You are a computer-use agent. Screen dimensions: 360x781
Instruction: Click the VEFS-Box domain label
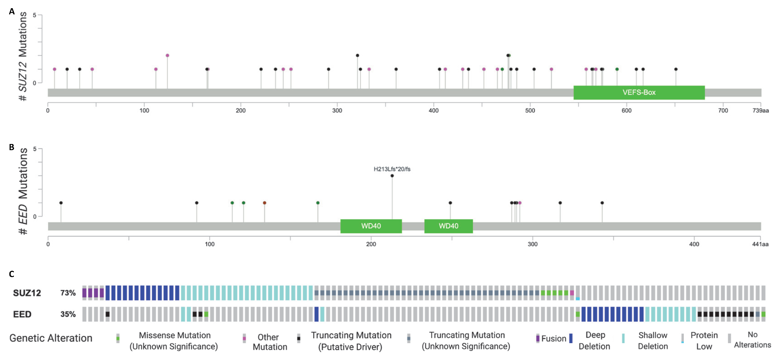[639, 92]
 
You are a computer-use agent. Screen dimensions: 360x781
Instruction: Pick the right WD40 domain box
[448, 226]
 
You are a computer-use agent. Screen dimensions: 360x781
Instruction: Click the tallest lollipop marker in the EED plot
[392, 176]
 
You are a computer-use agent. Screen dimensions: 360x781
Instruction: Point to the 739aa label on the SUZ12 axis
[760, 111]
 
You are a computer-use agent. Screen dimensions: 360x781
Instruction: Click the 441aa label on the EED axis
[760, 244]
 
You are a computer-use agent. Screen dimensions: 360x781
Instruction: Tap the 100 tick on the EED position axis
[209, 244]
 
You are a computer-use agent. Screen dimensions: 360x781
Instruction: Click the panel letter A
[12, 12]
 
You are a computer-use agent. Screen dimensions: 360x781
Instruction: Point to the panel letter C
[12, 274]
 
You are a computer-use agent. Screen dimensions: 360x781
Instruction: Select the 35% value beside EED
[68, 314]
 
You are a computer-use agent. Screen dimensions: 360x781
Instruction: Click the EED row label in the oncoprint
[22, 314]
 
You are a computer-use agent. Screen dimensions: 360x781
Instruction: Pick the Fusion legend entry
[553, 338]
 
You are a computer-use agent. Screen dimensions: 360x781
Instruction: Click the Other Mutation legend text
[270, 342]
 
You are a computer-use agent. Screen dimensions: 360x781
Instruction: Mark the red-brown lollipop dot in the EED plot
[264, 203]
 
